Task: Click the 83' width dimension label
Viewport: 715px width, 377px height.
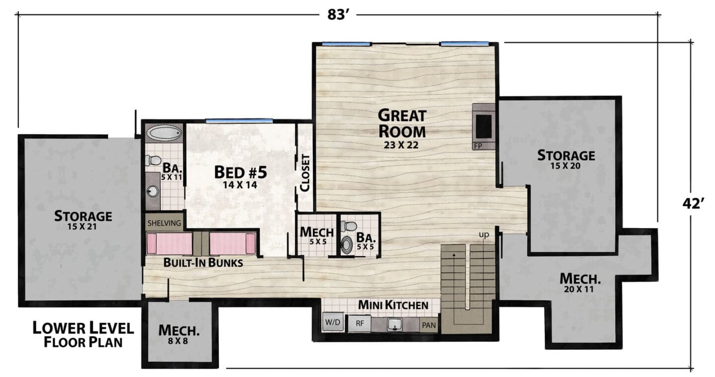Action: click(x=338, y=15)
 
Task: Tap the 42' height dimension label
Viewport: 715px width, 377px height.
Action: click(x=693, y=204)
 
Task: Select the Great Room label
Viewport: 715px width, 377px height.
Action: click(x=402, y=124)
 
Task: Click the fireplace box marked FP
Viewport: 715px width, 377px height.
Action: click(x=484, y=127)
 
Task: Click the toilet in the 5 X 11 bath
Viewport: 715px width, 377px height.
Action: click(x=152, y=160)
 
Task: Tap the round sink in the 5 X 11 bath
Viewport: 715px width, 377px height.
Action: click(x=153, y=191)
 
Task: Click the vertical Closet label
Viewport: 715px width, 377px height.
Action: click(x=305, y=173)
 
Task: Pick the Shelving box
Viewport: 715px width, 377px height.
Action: click(x=164, y=223)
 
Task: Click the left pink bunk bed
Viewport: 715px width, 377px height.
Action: click(x=169, y=243)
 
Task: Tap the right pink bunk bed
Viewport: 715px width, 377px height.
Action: click(x=233, y=243)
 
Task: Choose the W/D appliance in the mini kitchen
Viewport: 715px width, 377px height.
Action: click(x=333, y=322)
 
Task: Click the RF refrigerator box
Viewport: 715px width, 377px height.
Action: click(x=359, y=323)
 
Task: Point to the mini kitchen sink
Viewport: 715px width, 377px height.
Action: click(x=395, y=324)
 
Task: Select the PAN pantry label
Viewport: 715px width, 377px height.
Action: click(x=429, y=325)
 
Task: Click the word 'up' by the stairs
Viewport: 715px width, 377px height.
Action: click(x=484, y=234)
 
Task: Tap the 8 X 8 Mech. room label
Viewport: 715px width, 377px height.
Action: click(x=179, y=335)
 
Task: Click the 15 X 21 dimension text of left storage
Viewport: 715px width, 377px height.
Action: click(x=82, y=226)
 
